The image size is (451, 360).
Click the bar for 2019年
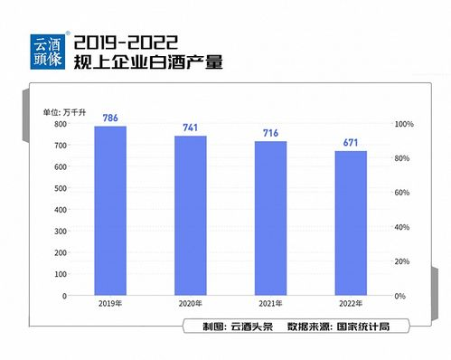click(110, 211)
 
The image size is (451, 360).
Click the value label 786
click(110, 118)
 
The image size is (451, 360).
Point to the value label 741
click(191, 128)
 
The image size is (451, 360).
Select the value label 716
click(270, 133)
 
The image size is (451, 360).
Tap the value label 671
click(351, 142)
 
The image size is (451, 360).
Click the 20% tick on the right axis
click(403, 261)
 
